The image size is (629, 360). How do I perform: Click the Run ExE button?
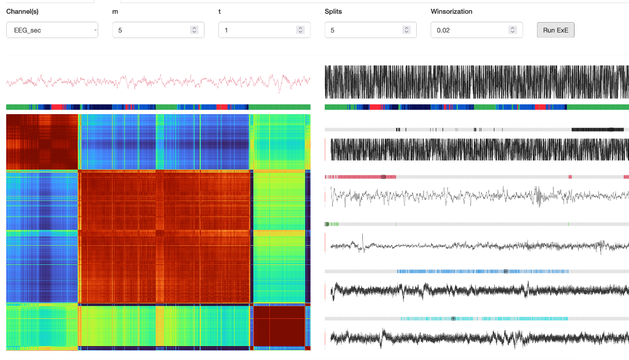point(556,30)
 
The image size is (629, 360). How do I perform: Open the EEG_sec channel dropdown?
point(52,30)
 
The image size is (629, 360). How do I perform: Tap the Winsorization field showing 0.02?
point(470,30)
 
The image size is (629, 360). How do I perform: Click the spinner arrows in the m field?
point(194,30)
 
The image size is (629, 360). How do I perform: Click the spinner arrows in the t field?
point(300,30)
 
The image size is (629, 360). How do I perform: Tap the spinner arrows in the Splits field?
point(406,30)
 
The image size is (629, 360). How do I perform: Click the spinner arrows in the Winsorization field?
point(512,30)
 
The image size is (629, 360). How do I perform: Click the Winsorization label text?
point(451,11)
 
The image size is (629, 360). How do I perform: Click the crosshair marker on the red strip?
point(383,177)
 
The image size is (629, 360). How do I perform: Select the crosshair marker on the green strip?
point(327,224)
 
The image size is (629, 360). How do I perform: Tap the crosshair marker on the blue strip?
point(506,272)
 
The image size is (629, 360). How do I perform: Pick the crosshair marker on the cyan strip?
point(453,319)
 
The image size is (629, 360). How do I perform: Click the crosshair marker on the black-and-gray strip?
point(610,130)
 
